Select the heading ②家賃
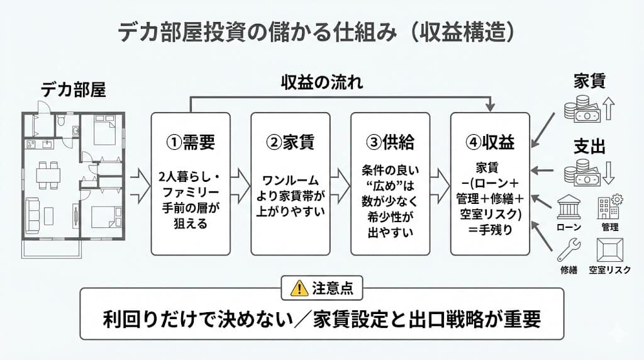290,142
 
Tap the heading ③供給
390,142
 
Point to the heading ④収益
490,142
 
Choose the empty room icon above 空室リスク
609,250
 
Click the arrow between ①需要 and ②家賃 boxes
239,184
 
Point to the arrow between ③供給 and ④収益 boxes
440,184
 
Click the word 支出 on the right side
589,147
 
